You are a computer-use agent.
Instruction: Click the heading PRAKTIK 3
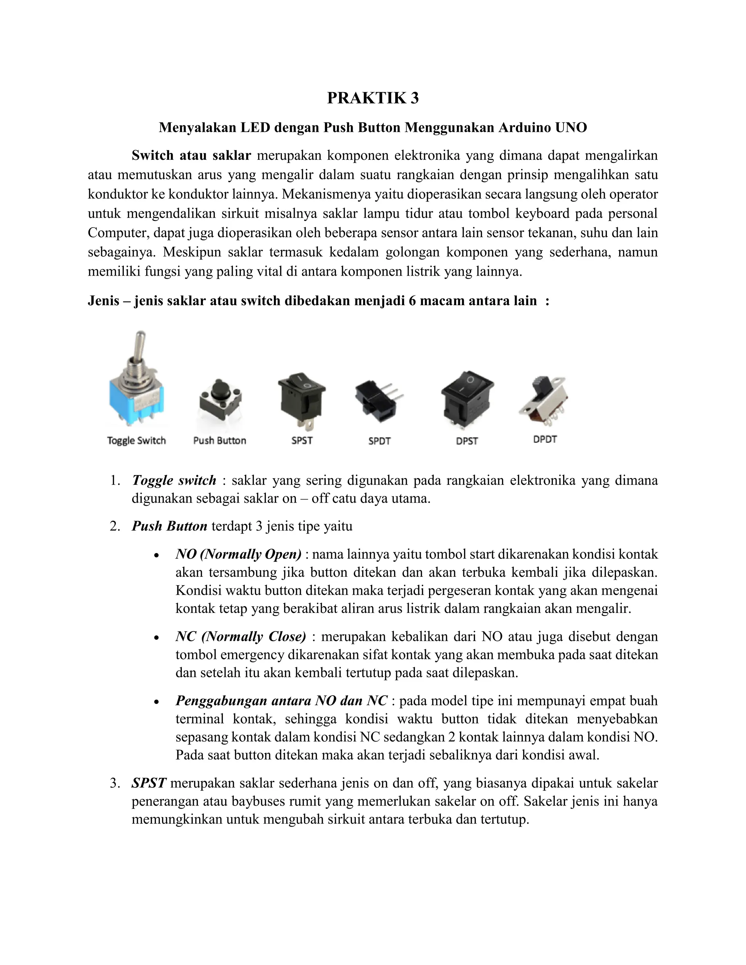tap(373, 98)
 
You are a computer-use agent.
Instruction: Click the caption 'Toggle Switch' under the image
tap(136, 441)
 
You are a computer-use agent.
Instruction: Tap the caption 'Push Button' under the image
tap(220, 441)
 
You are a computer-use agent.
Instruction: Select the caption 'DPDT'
tap(545, 439)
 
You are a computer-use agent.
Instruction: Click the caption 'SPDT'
tap(379, 441)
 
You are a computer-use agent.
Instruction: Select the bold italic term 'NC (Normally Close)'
tap(240, 636)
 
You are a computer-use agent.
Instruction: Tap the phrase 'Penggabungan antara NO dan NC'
tap(281, 701)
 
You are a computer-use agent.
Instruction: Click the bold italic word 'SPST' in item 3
tap(149, 783)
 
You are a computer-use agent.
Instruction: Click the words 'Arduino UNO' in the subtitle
tap(542, 128)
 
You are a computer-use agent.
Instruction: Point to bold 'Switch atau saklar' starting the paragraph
tap(191, 155)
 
